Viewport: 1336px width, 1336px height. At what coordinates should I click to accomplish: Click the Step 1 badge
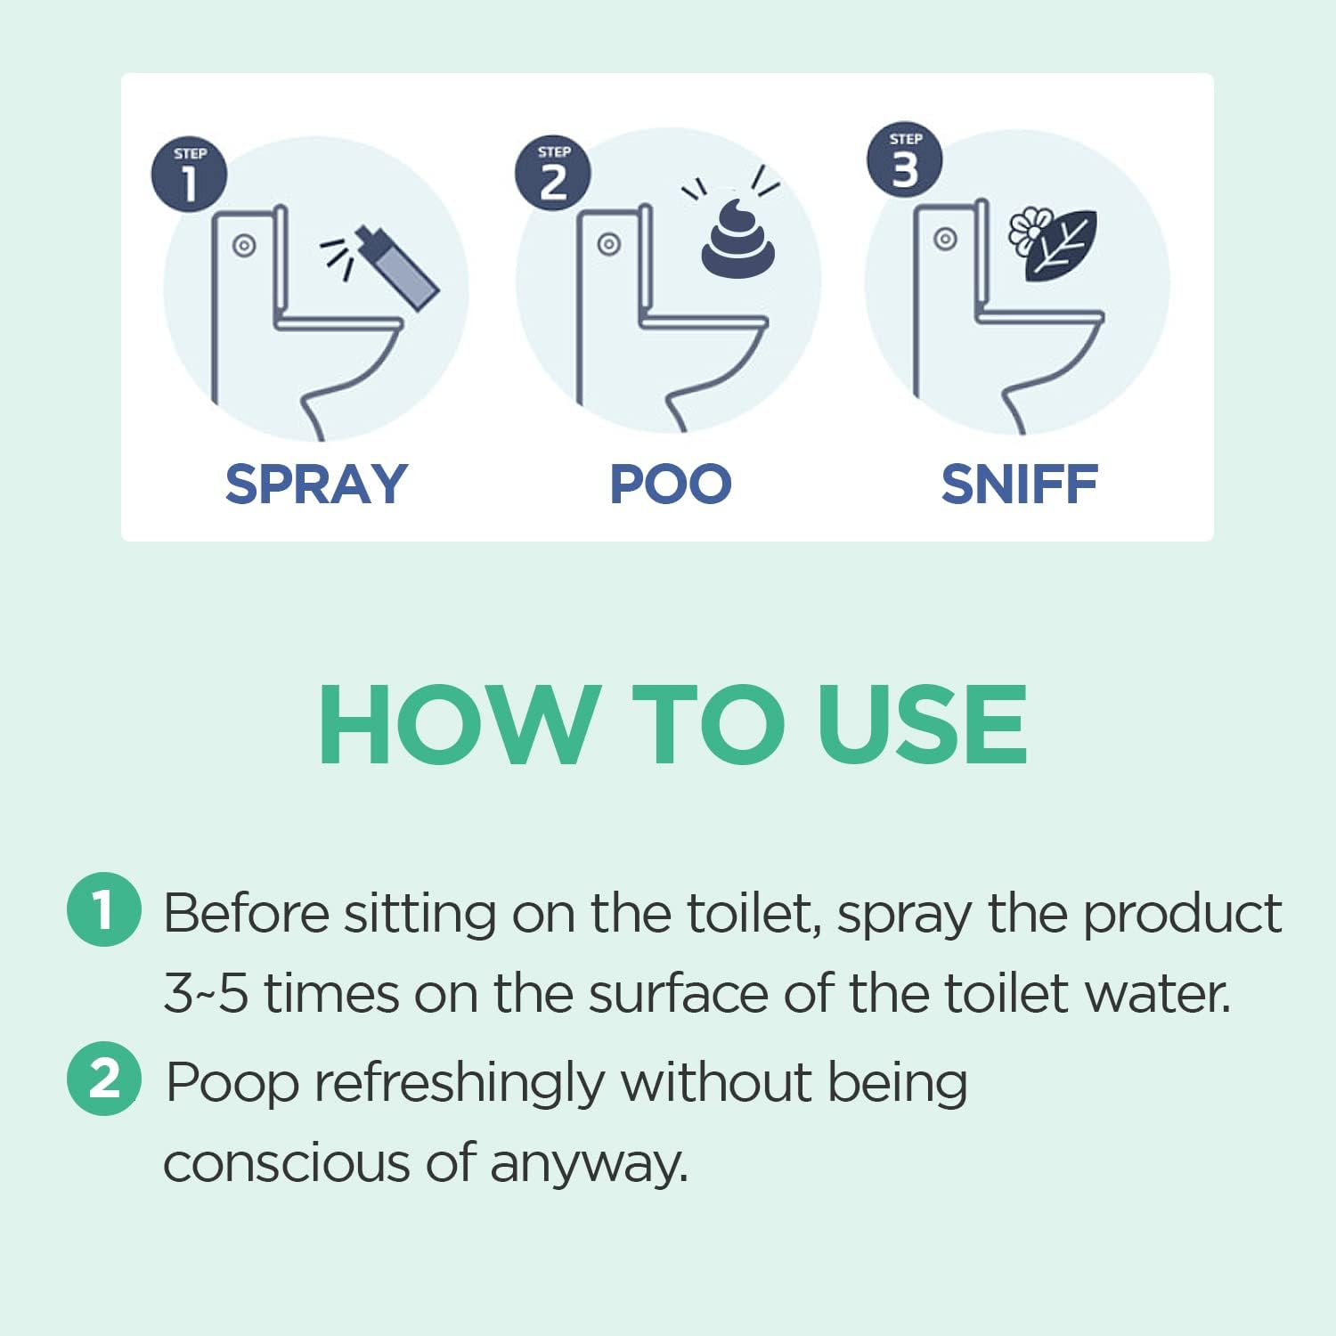pyautogui.click(x=189, y=175)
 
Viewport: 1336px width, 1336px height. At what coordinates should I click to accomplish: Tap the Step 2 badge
pyautogui.click(x=553, y=174)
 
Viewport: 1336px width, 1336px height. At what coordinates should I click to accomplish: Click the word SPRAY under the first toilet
pyautogui.click(x=315, y=485)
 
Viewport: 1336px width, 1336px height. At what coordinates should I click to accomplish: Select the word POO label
pyautogui.click(x=670, y=485)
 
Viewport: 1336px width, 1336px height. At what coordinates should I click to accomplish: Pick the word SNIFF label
pyautogui.click(x=1019, y=485)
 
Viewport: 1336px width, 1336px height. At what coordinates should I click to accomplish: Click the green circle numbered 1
pyautogui.click(x=104, y=909)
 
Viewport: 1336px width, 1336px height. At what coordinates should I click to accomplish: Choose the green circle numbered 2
pyautogui.click(x=104, y=1079)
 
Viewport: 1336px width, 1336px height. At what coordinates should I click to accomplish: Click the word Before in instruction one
pyautogui.click(x=246, y=913)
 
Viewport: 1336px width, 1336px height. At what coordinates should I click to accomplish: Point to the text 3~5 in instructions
pyautogui.click(x=206, y=994)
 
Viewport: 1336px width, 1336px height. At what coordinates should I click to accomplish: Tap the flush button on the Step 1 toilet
pyautogui.click(x=244, y=246)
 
